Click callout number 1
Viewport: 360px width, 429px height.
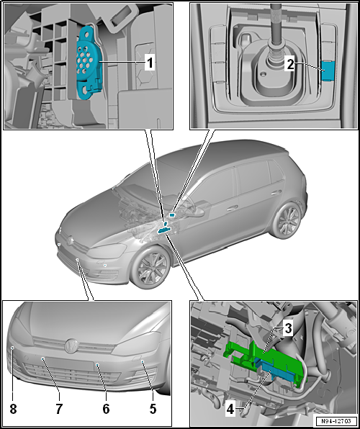(150, 63)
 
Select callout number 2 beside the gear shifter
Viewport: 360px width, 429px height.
(290, 65)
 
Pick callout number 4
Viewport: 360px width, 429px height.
(230, 410)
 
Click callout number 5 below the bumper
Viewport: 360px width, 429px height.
(153, 409)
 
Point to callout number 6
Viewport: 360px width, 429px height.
(106, 409)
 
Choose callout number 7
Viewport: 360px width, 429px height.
(59, 409)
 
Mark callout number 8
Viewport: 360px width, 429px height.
(13, 409)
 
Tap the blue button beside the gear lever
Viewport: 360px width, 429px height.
(328, 71)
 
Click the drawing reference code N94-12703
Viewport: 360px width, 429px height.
(336, 420)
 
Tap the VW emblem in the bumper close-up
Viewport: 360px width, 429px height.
(72, 346)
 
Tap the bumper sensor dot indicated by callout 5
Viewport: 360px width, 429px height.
(143, 361)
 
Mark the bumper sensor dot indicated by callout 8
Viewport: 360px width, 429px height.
(12, 348)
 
